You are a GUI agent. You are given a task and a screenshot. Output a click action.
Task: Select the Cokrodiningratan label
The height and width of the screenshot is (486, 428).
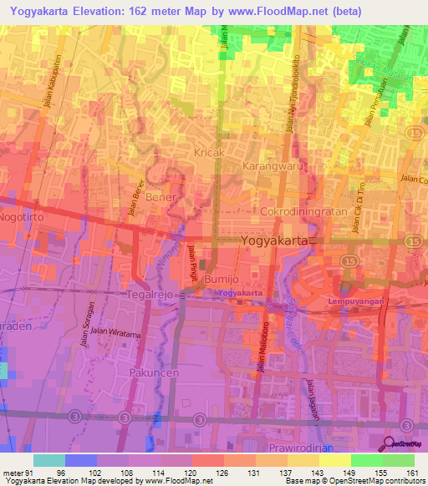(303, 211)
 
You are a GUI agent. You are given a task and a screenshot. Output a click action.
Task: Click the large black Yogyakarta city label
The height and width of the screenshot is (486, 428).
(279, 240)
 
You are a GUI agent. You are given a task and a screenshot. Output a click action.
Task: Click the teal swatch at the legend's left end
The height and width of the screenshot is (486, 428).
(49, 460)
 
